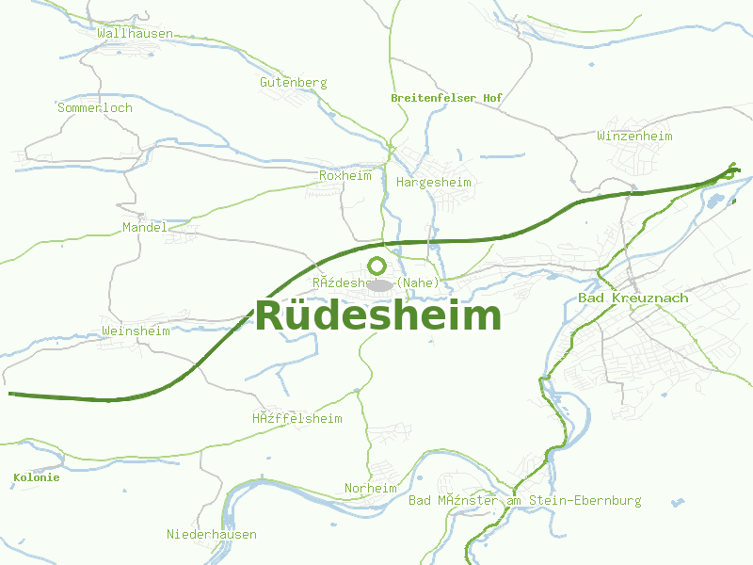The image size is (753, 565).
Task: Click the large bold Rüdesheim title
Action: pyautogui.click(x=378, y=315)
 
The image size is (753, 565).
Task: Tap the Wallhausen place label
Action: pyautogui.click(x=135, y=34)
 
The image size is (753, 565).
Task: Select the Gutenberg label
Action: pyautogui.click(x=294, y=83)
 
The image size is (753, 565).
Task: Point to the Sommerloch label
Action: pyautogui.click(x=95, y=108)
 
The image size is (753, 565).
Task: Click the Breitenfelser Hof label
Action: pyautogui.click(x=446, y=98)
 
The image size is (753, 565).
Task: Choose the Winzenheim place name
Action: pyautogui.click(x=634, y=137)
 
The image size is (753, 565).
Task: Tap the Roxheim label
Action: pyautogui.click(x=345, y=176)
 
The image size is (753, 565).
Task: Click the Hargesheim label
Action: pyautogui.click(x=434, y=182)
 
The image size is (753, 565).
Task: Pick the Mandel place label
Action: pyautogui.click(x=145, y=228)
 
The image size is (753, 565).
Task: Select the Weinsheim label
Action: pyautogui.click(x=136, y=331)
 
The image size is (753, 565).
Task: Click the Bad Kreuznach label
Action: pyautogui.click(x=633, y=299)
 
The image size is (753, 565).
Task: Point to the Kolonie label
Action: pyautogui.click(x=37, y=478)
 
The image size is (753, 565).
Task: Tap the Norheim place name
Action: pyautogui.click(x=370, y=489)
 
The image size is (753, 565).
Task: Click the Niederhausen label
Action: pyautogui.click(x=212, y=535)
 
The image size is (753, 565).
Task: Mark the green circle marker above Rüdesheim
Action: pyautogui.click(x=377, y=266)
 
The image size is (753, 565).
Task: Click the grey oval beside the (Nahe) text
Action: pyautogui.click(x=380, y=284)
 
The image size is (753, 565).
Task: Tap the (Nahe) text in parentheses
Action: pyautogui.click(x=418, y=282)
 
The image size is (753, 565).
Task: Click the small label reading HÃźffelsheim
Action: pyautogui.click(x=297, y=419)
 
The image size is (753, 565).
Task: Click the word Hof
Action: pyautogui.click(x=492, y=98)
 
